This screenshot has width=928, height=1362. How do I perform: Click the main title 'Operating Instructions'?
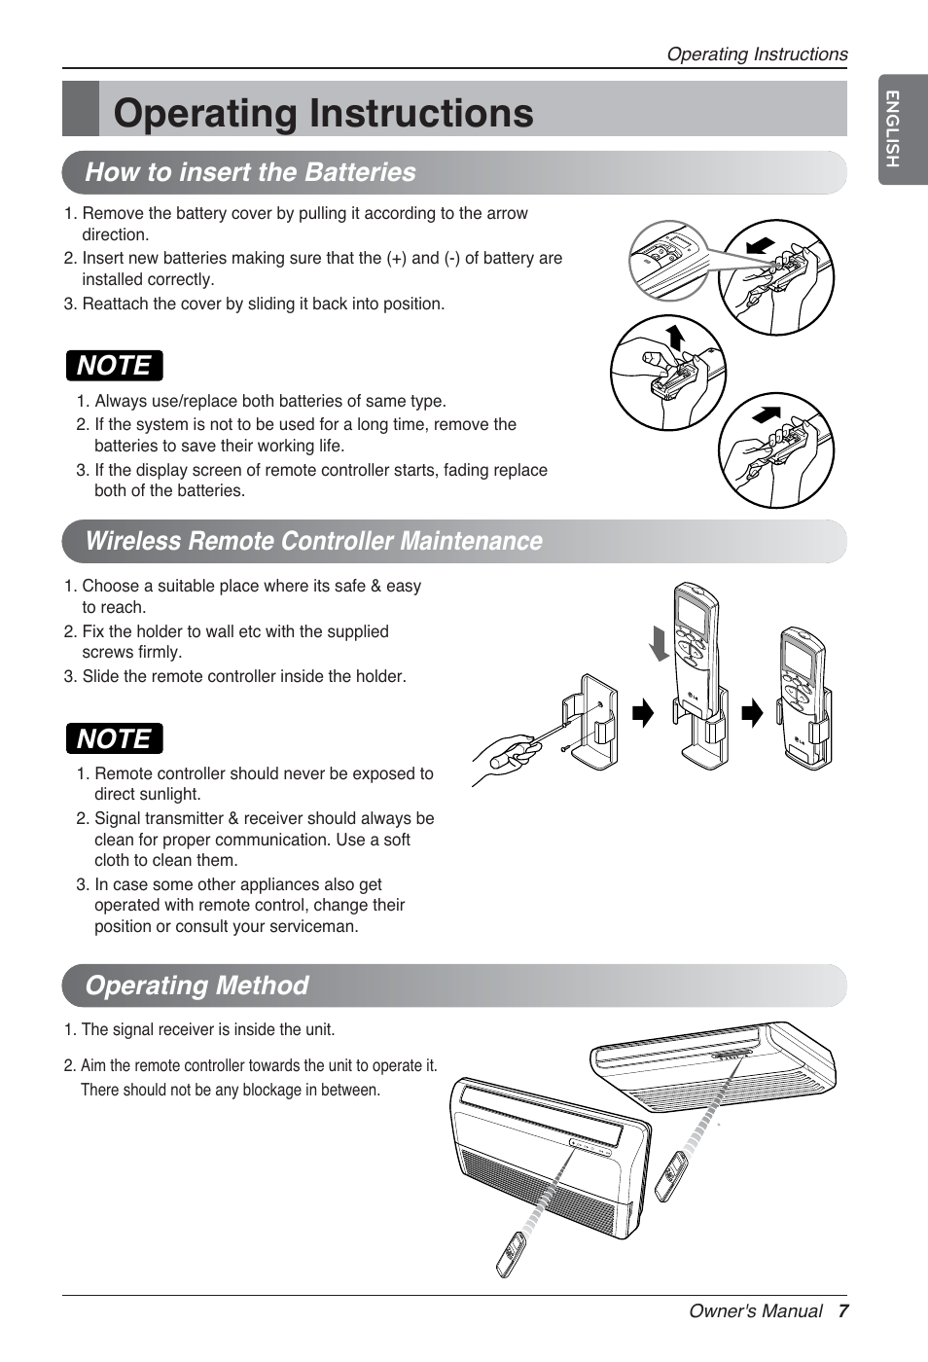[323, 113]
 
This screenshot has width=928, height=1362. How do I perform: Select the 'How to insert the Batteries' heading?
[250, 172]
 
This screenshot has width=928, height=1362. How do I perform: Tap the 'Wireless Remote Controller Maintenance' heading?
[313, 541]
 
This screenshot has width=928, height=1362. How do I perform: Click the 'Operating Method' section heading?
[196, 986]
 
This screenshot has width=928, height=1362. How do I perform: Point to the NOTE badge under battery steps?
[114, 366]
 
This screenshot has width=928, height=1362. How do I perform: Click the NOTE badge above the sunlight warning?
[114, 739]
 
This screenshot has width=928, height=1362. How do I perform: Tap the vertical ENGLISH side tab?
[892, 128]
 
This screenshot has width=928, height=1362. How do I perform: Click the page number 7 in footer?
[842, 1311]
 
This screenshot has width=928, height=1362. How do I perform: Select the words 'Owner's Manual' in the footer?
[755, 1311]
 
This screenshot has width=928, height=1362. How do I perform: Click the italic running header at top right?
[756, 54]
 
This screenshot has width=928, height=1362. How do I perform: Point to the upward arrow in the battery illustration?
[674, 338]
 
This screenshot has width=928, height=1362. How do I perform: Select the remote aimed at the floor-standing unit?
[511, 1254]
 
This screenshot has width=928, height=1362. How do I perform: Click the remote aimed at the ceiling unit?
[671, 1176]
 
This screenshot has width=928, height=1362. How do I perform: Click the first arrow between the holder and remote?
[643, 714]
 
